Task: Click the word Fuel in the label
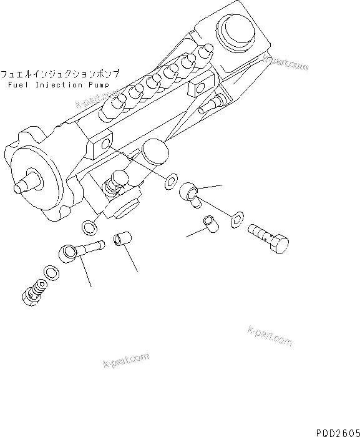tap(18, 84)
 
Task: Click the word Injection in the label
tap(57, 84)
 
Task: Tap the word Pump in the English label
tap(99, 84)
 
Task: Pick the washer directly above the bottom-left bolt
tap(49, 272)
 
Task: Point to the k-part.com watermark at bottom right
tap(270, 335)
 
